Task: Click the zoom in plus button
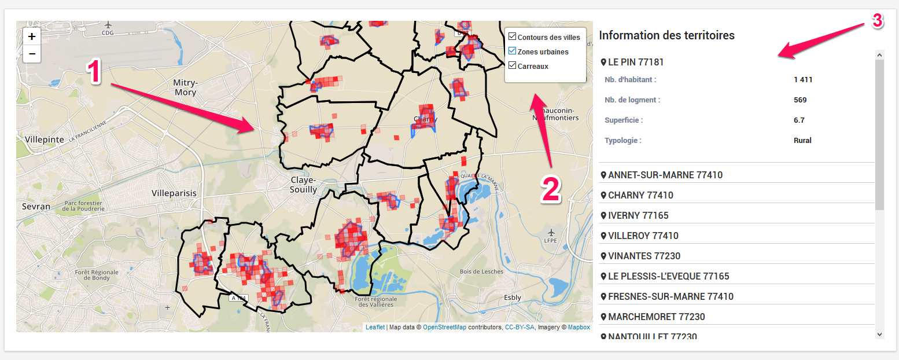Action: pyautogui.click(x=32, y=36)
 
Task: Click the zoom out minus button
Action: pyautogui.click(x=32, y=54)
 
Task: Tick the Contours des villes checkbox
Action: pyautogui.click(x=512, y=37)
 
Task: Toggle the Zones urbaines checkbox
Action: pyautogui.click(x=512, y=52)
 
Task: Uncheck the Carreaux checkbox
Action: pyautogui.click(x=512, y=66)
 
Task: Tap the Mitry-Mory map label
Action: pyautogui.click(x=185, y=87)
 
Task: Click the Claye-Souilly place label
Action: pyautogui.click(x=304, y=185)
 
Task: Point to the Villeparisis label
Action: pyautogui.click(x=174, y=193)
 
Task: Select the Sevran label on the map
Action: pyautogui.click(x=36, y=206)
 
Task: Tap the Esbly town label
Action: pyautogui.click(x=513, y=297)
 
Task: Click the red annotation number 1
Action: pyautogui.click(x=94, y=73)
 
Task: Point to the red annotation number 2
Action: pyautogui.click(x=551, y=190)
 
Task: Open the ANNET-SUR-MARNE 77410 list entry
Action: pyautogui.click(x=665, y=175)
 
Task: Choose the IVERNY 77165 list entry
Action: pyautogui.click(x=638, y=215)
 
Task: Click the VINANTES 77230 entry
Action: pyautogui.click(x=644, y=256)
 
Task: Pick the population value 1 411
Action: pyautogui.click(x=803, y=79)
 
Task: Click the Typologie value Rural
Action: pyautogui.click(x=802, y=140)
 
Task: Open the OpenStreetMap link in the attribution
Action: pyautogui.click(x=444, y=327)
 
